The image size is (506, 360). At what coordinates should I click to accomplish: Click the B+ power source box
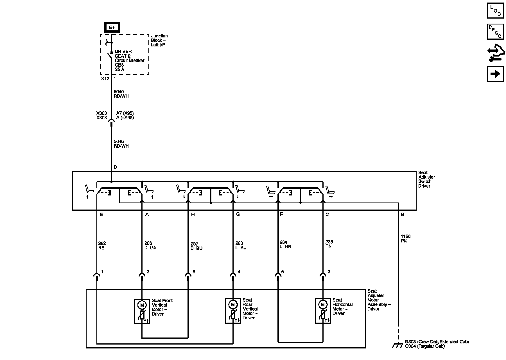[x=112, y=27]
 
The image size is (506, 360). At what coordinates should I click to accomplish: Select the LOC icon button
[x=495, y=11]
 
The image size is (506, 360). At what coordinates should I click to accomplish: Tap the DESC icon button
[x=495, y=32]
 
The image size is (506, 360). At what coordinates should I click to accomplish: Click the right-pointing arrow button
[x=495, y=74]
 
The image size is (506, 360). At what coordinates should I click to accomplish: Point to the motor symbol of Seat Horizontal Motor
[x=323, y=305]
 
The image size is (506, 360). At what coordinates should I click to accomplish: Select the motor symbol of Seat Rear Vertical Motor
[x=232, y=305]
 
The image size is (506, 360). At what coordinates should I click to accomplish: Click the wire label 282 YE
[x=102, y=246]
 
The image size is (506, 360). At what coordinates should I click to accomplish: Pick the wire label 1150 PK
[x=405, y=239]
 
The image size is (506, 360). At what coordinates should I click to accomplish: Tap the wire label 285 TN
[x=329, y=244]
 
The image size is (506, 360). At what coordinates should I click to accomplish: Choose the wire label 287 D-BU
[x=196, y=246]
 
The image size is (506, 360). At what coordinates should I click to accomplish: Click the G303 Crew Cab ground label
[x=437, y=342]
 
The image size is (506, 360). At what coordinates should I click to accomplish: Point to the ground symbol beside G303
[x=397, y=345]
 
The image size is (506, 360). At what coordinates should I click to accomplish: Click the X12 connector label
[x=105, y=79]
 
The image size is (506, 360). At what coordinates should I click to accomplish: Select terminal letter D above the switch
[x=115, y=167]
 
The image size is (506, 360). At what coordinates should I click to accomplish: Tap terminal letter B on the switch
[x=402, y=214]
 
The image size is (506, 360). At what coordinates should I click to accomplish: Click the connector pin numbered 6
[x=283, y=272]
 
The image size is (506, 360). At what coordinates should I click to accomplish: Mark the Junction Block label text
[x=159, y=40]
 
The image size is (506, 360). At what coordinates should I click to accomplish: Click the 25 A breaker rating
[x=119, y=69]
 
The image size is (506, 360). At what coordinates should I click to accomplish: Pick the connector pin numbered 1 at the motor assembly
[x=102, y=272]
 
